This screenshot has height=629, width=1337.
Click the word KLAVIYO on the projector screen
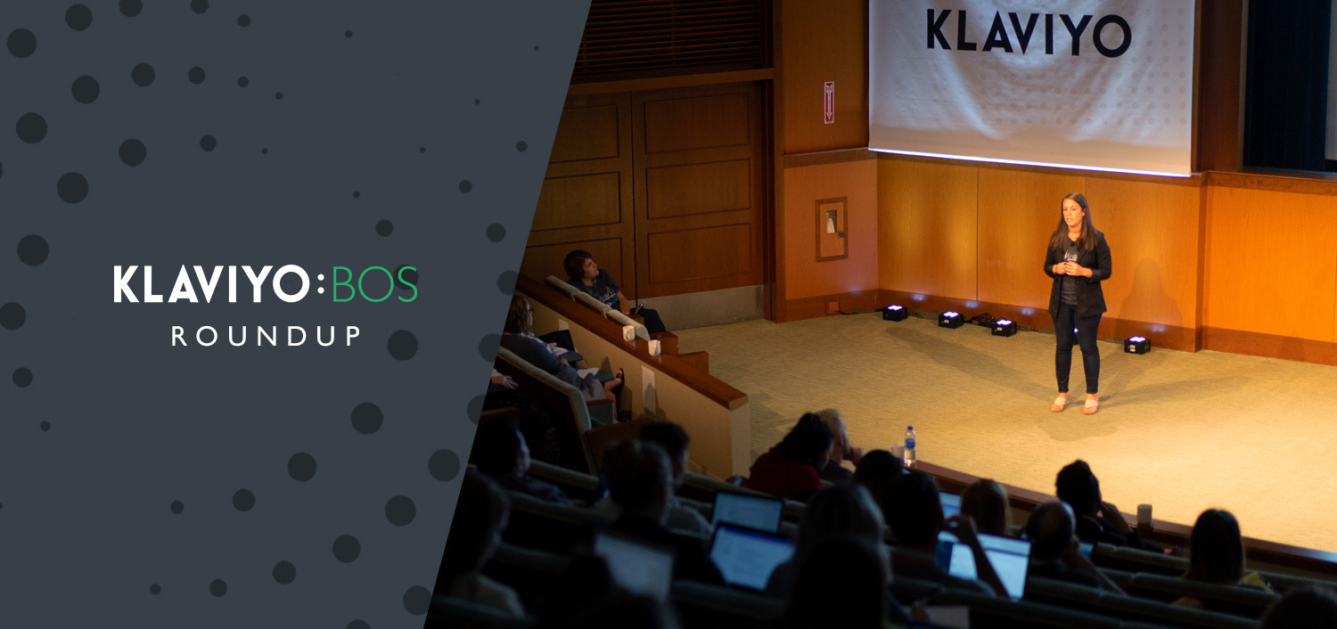(x=1029, y=33)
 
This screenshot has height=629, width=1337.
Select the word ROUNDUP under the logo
(x=266, y=336)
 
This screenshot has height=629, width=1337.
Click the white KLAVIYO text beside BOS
(x=210, y=284)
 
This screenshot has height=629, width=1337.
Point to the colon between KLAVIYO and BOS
(x=322, y=285)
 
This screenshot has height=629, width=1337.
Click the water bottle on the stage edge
(x=909, y=445)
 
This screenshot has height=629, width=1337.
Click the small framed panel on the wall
(x=831, y=229)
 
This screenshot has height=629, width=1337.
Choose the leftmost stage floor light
(x=894, y=312)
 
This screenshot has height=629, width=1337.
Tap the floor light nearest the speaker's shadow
(x=1136, y=345)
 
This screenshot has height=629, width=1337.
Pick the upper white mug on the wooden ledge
(x=628, y=332)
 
